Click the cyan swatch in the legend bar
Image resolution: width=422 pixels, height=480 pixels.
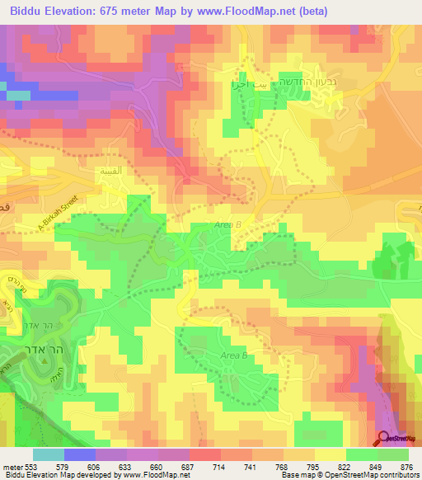49,454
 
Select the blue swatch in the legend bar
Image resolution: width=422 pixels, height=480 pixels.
80,454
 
